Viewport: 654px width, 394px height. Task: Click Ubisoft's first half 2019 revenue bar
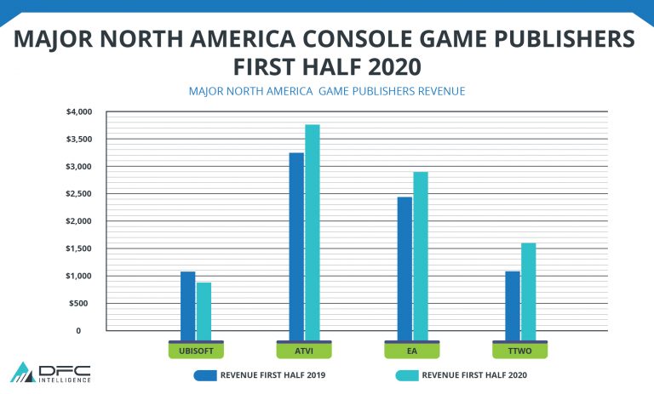pos(187,302)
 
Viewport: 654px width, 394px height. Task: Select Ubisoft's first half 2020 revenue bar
pos(204,307)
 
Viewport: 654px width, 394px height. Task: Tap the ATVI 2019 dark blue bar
pos(296,243)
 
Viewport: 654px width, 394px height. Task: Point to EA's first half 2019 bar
pos(404,265)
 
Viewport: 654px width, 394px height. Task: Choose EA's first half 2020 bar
pos(421,252)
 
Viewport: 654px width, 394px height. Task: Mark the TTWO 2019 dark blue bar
pos(513,302)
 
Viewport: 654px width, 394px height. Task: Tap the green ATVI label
pos(304,350)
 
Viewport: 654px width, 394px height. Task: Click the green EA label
pos(412,350)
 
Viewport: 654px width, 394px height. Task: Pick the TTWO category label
pos(520,350)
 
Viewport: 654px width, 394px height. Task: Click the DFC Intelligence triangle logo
pos(21,372)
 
